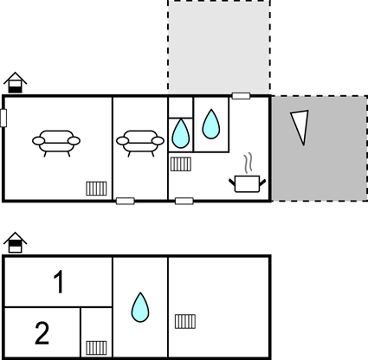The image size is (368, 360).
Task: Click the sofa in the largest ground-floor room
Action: pos(56,143)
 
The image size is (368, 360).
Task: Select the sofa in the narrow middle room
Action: pos(140,143)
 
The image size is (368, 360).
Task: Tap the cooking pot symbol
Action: pos(248,183)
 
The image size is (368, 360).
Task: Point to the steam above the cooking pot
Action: pos(249,164)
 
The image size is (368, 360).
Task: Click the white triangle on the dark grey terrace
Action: pos(300,126)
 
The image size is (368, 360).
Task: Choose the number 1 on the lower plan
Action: pos(59,282)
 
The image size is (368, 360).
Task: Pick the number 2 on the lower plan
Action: pos(42,333)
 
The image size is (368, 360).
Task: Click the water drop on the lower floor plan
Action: pos(140,307)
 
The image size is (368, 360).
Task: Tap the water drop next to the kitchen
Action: pos(211,124)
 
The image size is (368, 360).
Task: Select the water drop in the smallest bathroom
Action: pos(181,133)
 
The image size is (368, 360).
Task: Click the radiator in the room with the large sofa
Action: pos(96,189)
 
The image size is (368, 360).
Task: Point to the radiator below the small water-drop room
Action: pos(181,164)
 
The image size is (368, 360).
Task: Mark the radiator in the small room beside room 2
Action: pos(96,348)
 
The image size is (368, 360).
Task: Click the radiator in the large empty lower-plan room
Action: pos(185,321)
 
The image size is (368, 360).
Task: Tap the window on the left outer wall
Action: pos(3,118)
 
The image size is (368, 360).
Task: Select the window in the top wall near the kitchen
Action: pos(241,96)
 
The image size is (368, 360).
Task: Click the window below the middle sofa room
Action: pos(126,201)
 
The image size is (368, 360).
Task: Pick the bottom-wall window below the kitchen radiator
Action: pos(184,201)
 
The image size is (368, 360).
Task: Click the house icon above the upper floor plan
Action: pos(16,82)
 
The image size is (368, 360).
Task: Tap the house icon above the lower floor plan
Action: pos(16,242)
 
